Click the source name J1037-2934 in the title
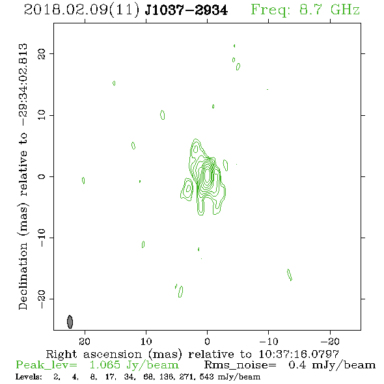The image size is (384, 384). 186,10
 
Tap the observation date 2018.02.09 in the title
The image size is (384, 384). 66,10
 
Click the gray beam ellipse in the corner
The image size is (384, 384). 70,322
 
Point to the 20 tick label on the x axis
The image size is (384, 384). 85,341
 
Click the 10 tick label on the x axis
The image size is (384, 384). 146,341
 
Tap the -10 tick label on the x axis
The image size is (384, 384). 269,341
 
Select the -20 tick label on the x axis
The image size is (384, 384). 330,341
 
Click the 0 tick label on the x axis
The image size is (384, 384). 207,341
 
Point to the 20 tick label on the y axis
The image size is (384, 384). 42,54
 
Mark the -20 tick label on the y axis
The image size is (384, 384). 42,299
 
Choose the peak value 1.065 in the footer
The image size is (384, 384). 105,365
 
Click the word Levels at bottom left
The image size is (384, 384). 29,376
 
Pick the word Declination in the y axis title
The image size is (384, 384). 23,277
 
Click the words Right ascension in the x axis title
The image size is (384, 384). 94,354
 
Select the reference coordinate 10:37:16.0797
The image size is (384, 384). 299,354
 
